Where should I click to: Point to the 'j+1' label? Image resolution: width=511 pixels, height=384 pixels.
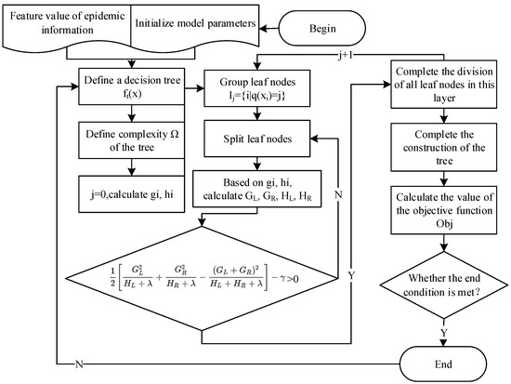click(345, 57)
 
